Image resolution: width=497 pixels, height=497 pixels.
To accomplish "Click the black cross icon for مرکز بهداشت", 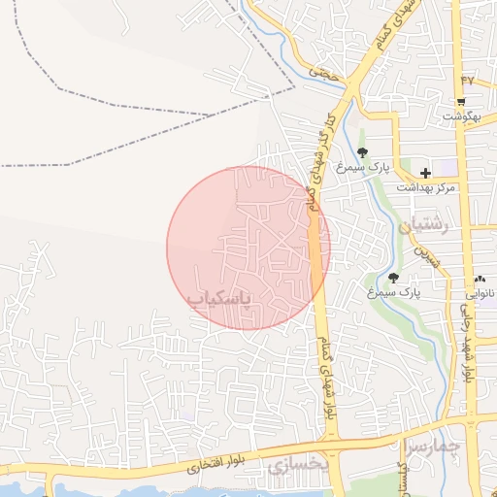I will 425,173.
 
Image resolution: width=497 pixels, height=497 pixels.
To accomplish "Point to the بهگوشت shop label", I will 462,116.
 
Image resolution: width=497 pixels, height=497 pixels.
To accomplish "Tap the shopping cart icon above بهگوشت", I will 461,102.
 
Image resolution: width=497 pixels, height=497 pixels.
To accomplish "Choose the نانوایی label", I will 478,292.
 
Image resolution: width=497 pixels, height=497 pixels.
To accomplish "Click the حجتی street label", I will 319,72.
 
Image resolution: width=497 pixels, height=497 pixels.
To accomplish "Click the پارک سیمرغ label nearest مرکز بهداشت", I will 362,167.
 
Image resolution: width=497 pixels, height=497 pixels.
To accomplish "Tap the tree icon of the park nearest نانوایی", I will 393,278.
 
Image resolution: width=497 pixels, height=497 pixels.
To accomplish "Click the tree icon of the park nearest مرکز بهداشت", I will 362,152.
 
